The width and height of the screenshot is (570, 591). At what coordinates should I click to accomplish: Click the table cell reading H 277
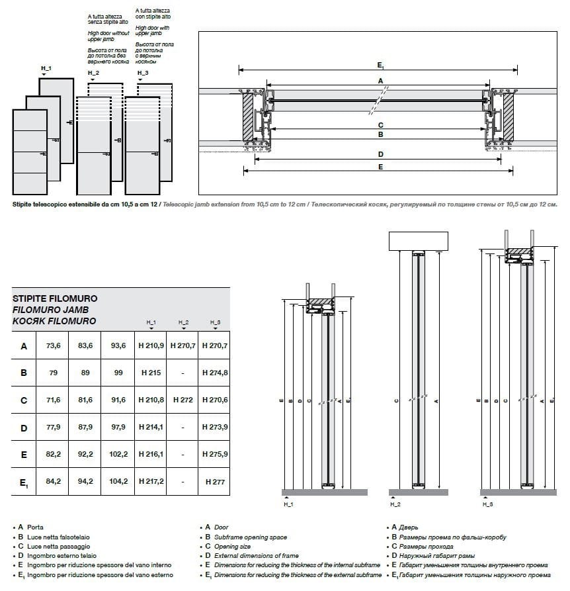[215, 482]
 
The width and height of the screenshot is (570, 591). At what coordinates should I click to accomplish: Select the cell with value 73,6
[54, 346]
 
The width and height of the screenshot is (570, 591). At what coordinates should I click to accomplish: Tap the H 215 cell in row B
[151, 373]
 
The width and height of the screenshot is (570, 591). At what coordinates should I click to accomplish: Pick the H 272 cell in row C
[183, 400]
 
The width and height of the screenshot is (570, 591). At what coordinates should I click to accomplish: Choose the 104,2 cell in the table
[118, 482]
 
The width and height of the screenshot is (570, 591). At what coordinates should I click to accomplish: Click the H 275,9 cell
[215, 455]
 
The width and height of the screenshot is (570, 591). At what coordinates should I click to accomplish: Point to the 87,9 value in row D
[86, 428]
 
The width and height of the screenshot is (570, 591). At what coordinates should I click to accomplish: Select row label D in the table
[24, 428]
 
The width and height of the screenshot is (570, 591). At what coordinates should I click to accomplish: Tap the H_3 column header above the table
[215, 322]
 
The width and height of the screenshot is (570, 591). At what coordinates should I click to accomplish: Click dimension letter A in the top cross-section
[380, 80]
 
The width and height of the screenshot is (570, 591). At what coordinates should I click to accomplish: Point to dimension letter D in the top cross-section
[380, 154]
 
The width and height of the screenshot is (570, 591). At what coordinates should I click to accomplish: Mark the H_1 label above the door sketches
[46, 69]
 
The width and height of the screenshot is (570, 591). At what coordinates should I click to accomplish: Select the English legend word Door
[222, 527]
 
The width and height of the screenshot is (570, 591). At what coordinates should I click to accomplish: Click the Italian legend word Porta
[36, 527]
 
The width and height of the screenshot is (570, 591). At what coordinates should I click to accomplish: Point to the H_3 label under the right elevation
[488, 505]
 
